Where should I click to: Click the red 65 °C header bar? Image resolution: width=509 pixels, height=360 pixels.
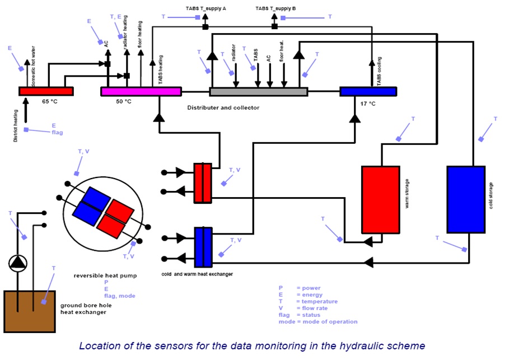tap(46, 91)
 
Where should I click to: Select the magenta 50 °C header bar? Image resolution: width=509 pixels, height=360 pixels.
tap(141, 92)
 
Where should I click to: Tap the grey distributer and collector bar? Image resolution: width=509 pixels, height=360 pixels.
tap(259, 92)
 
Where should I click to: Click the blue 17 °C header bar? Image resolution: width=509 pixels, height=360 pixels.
tap(368, 92)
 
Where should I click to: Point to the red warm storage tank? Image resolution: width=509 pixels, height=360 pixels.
tap(381, 200)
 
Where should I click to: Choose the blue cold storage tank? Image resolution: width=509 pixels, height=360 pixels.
tap(466, 199)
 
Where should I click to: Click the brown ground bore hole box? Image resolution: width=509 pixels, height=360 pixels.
tap(30, 312)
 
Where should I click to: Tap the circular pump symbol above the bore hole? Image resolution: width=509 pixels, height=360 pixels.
tap(18, 263)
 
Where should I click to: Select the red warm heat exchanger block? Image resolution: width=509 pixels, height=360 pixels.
tap(203, 183)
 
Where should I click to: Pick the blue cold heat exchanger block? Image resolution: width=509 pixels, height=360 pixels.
tap(203, 247)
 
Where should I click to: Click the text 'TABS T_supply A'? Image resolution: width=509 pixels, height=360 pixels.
tap(206, 8)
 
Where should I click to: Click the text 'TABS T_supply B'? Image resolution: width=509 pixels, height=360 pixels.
tap(275, 8)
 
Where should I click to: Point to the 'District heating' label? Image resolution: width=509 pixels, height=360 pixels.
tap(16, 125)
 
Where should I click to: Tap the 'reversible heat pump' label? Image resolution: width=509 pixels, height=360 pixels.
tap(105, 275)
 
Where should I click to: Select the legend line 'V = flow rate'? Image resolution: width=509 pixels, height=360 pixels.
tap(303, 308)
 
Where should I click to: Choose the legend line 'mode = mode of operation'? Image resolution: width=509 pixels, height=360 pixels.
tap(318, 322)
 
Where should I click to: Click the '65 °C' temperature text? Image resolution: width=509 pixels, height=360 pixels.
tap(50, 101)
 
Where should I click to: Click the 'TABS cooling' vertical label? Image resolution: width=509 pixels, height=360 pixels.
tap(379, 72)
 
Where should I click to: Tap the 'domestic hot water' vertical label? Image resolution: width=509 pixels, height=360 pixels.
tap(33, 66)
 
